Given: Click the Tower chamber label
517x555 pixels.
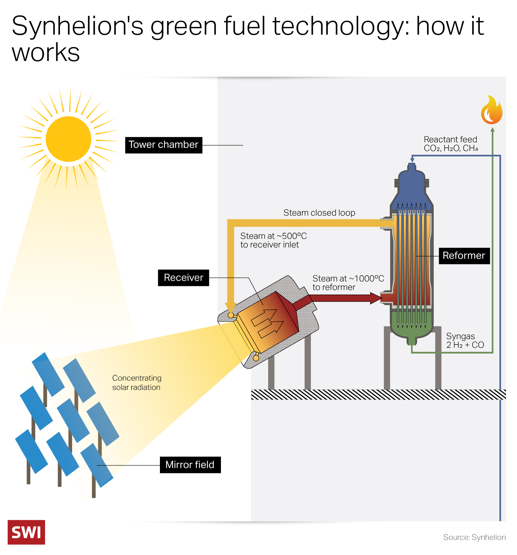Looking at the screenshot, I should point(163,145).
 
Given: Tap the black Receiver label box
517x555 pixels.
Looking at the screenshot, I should point(183,278).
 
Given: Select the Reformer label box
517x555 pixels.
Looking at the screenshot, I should point(464,256).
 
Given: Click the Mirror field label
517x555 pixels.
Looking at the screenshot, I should point(190,465).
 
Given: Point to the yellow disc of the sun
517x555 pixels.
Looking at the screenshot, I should point(68,139).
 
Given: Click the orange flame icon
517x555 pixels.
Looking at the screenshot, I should point(491,111).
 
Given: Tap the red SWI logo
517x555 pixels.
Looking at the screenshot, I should point(26,532).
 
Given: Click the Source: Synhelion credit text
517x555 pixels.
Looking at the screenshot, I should point(474,537).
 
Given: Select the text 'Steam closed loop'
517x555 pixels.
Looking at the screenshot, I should point(319,213).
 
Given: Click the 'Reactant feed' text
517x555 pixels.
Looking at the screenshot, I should point(450,140).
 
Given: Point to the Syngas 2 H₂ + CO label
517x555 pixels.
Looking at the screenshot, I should point(465,340).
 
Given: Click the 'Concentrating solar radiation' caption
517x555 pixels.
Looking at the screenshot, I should point(137,382).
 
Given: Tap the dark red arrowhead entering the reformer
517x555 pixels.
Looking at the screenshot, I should point(376,298).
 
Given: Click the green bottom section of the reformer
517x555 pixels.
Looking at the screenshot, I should point(412,327).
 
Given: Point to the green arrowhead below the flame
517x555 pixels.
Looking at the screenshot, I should point(493,130).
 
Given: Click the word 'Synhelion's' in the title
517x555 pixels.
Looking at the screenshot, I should point(77,26).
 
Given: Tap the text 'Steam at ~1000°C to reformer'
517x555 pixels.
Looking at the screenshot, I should point(348,283).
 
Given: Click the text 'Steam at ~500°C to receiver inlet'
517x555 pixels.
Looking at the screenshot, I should point(273,240).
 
